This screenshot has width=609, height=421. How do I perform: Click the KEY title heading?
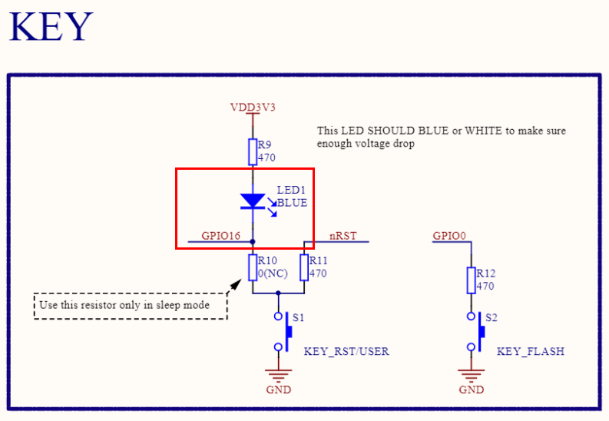(x=51, y=27)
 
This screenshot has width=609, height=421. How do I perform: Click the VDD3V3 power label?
(x=253, y=107)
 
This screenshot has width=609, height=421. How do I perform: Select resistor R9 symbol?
(x=253, y=151)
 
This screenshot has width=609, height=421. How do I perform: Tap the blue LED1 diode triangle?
(x=253, y=201)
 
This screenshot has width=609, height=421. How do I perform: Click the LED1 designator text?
(x=291, y=190)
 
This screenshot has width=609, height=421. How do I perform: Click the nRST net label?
(x=343, y=236)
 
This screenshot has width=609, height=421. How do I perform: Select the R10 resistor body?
(x=253, y=267)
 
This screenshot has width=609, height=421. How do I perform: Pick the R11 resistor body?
(x=304, y=267)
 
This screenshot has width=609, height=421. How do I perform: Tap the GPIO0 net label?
(x=449, y=236)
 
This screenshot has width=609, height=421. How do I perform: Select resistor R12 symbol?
(x=472, y=280)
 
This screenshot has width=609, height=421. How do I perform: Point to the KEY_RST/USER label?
(x=346, y=352)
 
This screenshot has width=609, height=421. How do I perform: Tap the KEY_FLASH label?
(x=530, y=352)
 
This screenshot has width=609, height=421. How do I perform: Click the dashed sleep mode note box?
(x=131, y=306)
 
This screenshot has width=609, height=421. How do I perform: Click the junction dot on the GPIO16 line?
(x=253, y=241)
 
